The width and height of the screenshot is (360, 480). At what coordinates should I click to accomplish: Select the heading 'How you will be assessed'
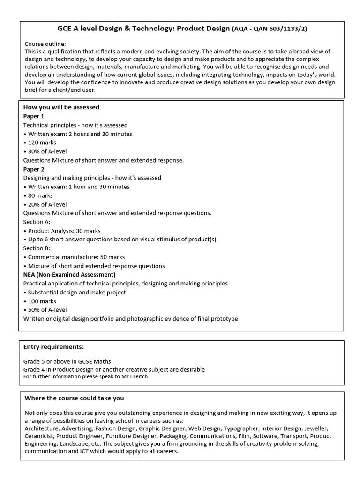(61, 107)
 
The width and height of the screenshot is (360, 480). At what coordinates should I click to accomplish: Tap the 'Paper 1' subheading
(34, 116)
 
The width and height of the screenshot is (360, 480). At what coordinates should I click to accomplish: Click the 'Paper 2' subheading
(34, 169)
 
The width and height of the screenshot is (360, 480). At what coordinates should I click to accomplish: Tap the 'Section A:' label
(37, 222)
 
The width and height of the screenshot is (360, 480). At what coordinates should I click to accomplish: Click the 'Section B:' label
(37, 248)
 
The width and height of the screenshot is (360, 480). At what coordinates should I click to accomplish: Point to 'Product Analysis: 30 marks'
(63, 231)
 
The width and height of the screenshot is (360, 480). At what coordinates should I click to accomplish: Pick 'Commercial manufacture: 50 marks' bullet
(75, 257)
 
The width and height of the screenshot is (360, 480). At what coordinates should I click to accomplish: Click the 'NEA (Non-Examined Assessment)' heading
(69, 275)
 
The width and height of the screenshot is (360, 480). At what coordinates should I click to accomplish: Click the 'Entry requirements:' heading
(54, 347)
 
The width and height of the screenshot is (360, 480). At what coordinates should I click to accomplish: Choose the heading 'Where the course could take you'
(74, 398)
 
